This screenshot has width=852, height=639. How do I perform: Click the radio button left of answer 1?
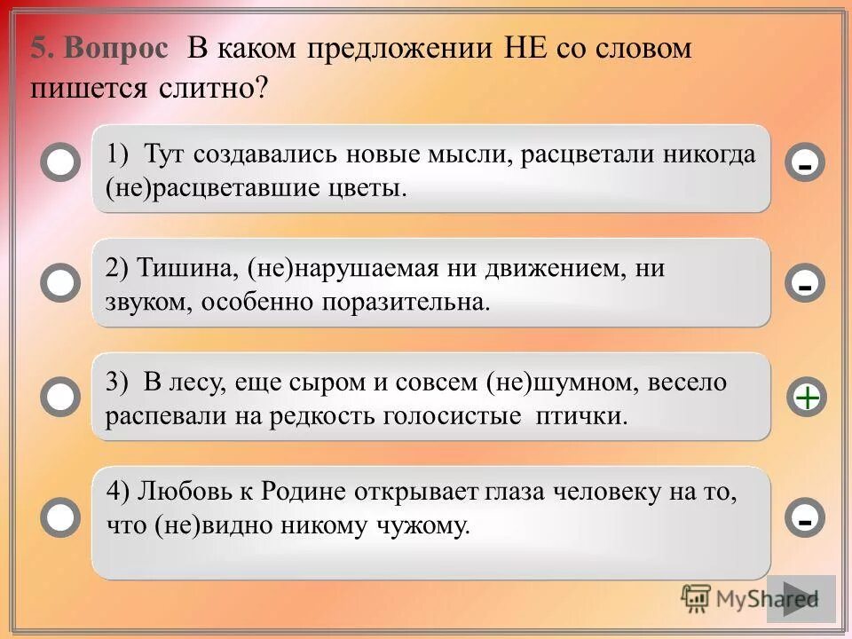pyautogui.click(x=60, y=164)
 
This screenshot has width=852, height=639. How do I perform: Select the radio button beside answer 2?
pyautogui.click(x=60, y=282)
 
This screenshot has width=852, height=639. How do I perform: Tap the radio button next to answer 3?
pyautogui.click(x=60, y=397)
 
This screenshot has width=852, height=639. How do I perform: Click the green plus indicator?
pyautogui.click(x=806, y=398)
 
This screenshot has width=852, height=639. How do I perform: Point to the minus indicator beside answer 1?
pyautogui.click(x=805, y=165)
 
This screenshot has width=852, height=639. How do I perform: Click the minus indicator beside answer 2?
pyautogui.click(x=805, y=285)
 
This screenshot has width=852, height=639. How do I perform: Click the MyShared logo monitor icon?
pyautogui.click(x=697, y=599)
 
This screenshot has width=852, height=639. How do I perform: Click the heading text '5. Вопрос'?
pyautogui.click(x=99, y=49)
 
